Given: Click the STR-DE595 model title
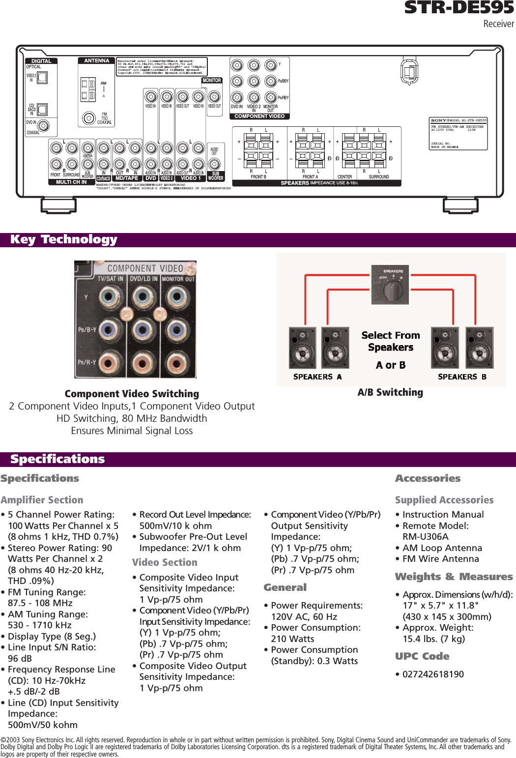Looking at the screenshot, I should (x=459, y=8).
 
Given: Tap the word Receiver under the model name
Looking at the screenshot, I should (x=498, y=24).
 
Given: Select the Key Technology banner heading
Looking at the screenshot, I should (x=64, y=239).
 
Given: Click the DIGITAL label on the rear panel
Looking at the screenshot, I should (x=41, y=61).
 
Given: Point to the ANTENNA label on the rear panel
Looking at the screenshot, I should (x=96, y=60).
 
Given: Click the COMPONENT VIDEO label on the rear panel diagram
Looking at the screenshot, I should (x=259, y=117).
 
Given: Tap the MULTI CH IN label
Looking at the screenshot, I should (x=71, y=182).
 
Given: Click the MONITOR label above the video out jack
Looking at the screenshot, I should (x=212, y=80).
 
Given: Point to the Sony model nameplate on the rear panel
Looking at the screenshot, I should (x=459, y=133).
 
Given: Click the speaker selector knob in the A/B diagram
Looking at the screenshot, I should (x=393, y=291).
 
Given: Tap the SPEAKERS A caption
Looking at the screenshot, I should (x=317, y=377).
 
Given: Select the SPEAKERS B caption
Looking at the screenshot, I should (x=462, y=377).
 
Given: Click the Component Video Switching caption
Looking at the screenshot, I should (x=132, y=394).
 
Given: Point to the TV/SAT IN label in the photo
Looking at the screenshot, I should (x=110, y=279).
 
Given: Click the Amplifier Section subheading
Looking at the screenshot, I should (x=42, y=500).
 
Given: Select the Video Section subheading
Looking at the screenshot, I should (x=165, y=562).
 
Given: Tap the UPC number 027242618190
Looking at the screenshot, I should (x=433, y=674).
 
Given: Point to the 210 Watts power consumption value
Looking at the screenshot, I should (x=292, y=639).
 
